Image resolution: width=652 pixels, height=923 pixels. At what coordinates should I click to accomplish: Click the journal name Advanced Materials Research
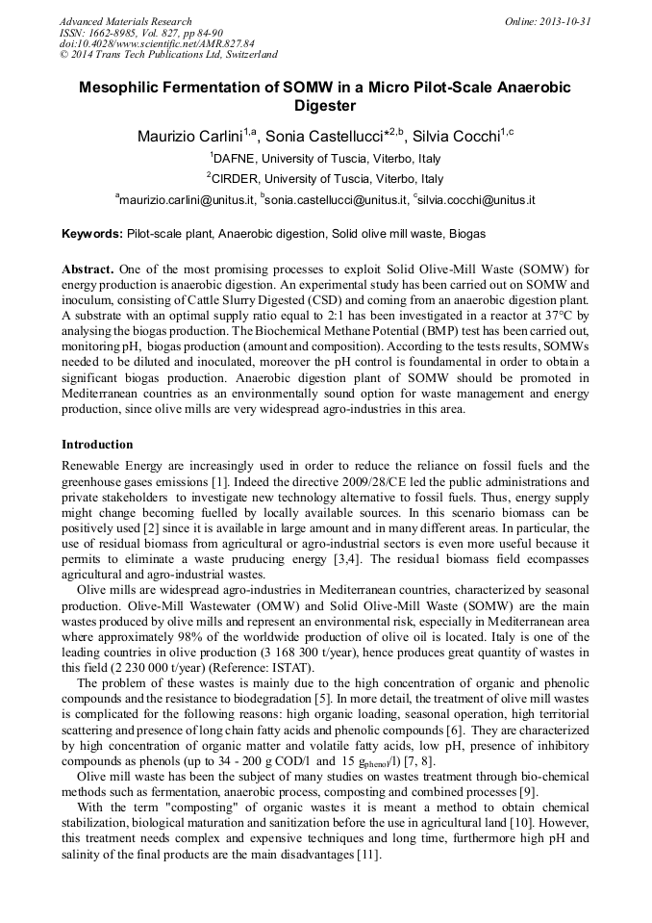click(125, 21)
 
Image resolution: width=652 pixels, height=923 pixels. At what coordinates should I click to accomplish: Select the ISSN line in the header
click(140, 33)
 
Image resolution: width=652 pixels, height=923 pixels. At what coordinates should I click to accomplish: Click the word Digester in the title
click(325, 106)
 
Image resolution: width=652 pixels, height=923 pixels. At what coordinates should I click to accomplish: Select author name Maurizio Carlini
click(189, 136)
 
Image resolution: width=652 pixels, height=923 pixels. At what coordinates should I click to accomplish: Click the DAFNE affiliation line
click(326, 158)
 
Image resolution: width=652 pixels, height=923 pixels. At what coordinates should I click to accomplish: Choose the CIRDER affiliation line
click(325, 179)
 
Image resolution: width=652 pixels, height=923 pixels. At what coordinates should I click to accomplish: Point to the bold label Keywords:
click(92, 234)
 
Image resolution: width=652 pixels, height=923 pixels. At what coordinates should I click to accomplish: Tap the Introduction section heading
click(97, 445)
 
